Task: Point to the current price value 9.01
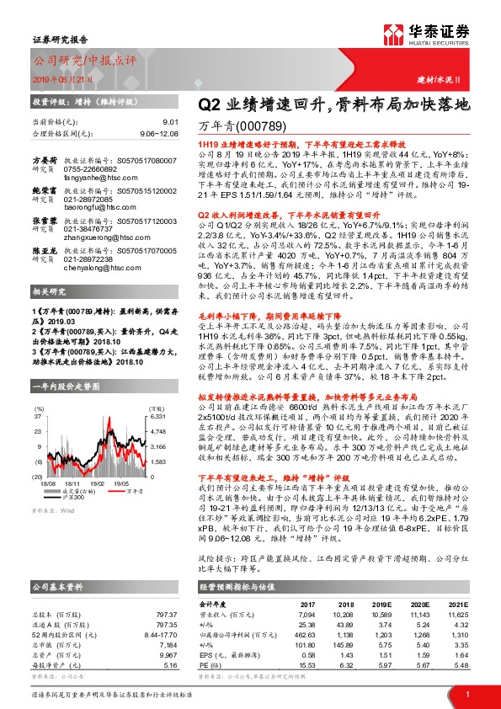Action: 168,123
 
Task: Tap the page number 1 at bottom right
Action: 467,693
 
